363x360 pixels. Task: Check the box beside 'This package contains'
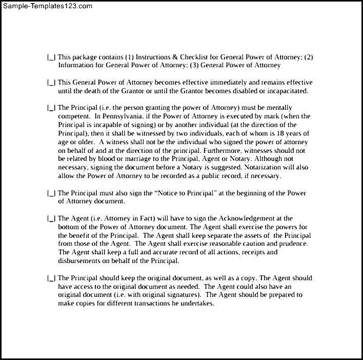[51, 57]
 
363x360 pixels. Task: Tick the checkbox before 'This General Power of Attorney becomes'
[51, 83]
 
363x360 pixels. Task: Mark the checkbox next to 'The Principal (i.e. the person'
[51, 108]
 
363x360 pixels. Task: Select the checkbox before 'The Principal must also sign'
[51, 193]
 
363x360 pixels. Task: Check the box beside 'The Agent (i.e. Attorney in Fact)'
[51, 218]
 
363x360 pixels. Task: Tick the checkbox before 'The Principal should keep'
[51, 278]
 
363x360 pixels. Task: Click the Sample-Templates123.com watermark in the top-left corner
[47, 6]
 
